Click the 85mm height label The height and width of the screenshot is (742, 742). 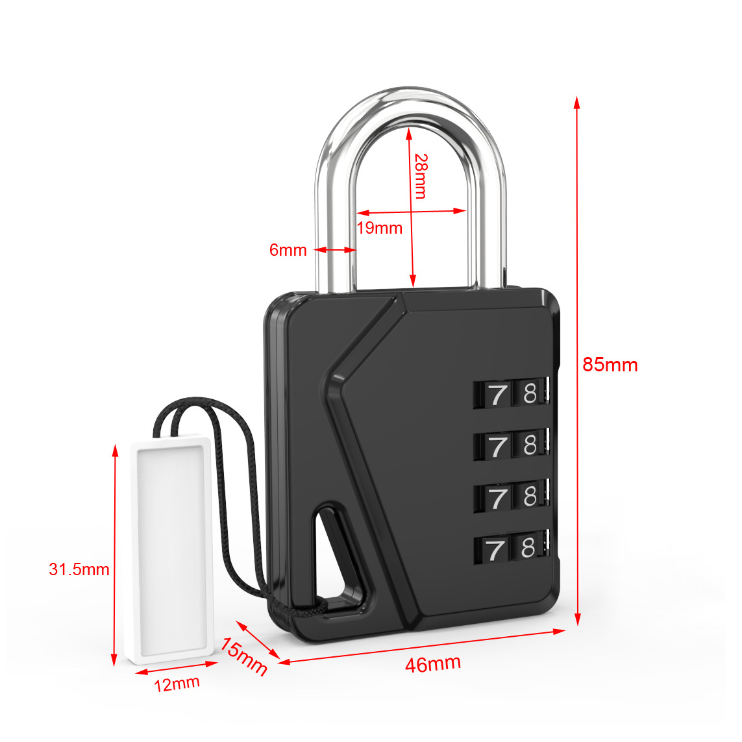(610, 365)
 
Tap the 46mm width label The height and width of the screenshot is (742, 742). (433, 663)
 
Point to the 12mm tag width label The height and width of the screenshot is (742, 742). (177, 684)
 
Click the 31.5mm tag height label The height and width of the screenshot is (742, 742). (79, 569)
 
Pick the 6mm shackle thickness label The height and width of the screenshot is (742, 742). (288, 250)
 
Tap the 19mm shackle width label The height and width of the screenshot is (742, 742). (380, 228)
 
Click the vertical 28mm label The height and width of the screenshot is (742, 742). (421, 175)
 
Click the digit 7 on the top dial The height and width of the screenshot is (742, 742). (497, 394)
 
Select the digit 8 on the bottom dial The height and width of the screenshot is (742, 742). (528, 549)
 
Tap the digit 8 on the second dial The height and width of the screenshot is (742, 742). (530, 445)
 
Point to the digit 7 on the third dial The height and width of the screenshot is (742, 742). (497, 498)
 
